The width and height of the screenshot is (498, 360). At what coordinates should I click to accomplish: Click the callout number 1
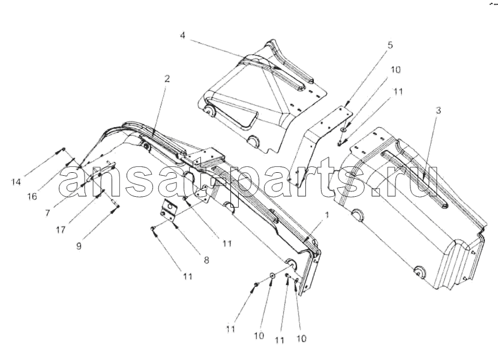(327, 215)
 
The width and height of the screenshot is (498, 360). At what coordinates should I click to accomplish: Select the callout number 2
(167, 78)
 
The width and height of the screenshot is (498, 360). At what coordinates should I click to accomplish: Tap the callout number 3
(438, 110)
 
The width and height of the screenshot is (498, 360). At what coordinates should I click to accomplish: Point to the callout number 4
(182, 35)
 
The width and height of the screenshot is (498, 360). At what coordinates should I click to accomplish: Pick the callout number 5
(390, 45)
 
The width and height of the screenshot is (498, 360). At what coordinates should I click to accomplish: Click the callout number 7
(47, 212)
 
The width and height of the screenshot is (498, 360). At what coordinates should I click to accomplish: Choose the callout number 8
(206, 260)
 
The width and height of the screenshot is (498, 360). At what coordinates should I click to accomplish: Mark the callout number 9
(79, 245)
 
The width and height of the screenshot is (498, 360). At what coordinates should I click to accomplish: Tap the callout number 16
(32, 196)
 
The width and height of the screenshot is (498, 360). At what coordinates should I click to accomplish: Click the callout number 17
(61, 230)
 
